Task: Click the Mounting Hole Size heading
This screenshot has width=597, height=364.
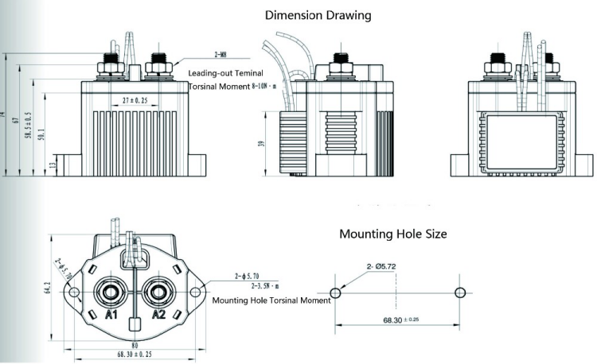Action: [392, 234]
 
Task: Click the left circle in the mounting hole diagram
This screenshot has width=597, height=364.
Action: [335, 293]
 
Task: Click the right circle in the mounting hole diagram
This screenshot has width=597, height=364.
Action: [459, 293]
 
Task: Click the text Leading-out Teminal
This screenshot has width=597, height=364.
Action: [225, 72]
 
